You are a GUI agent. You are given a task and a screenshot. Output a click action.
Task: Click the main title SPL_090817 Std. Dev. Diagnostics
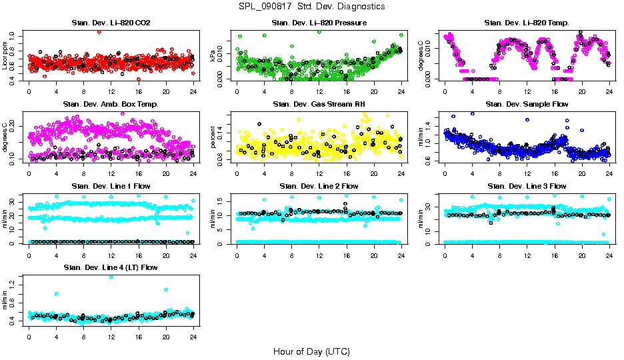311,7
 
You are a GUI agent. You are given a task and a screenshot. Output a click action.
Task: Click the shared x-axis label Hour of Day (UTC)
311,351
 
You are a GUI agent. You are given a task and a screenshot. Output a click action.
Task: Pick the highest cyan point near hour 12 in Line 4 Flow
111,277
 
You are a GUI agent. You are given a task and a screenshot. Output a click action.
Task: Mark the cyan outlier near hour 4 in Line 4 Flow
57,293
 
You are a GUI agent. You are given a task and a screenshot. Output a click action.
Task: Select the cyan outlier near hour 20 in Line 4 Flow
166,289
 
